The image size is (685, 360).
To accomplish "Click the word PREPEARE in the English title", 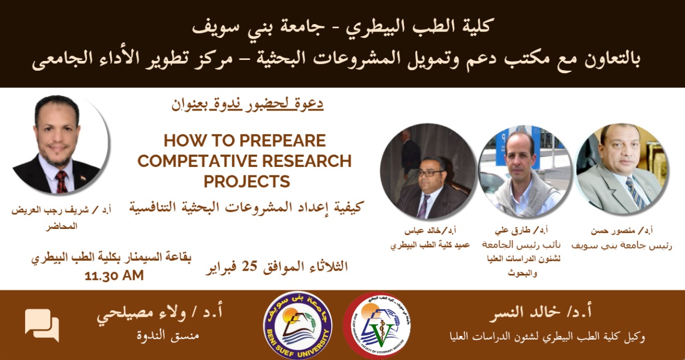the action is click(283, 141).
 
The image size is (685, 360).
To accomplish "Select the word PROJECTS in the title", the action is click(247, 181).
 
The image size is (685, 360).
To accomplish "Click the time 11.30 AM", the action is click(114, 275).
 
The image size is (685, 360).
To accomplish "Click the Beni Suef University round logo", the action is click(298, 325).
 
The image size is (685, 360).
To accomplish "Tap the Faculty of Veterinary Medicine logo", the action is click(377, 326).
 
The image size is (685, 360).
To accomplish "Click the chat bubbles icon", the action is click(42, 325).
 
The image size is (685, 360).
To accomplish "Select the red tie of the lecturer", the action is click(62, 181).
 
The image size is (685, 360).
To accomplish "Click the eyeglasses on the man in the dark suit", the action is click(429, 173).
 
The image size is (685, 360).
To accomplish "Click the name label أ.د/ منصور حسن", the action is click(621, 231).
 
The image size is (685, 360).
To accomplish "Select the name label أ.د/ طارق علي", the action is click(521, 231).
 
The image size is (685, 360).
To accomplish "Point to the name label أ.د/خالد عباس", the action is click(430, 231).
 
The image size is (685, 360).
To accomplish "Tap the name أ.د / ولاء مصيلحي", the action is click(159, 312).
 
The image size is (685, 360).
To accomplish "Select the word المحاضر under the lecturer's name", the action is click(62, 226).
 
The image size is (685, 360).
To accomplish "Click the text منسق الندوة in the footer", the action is click(168, 335).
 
